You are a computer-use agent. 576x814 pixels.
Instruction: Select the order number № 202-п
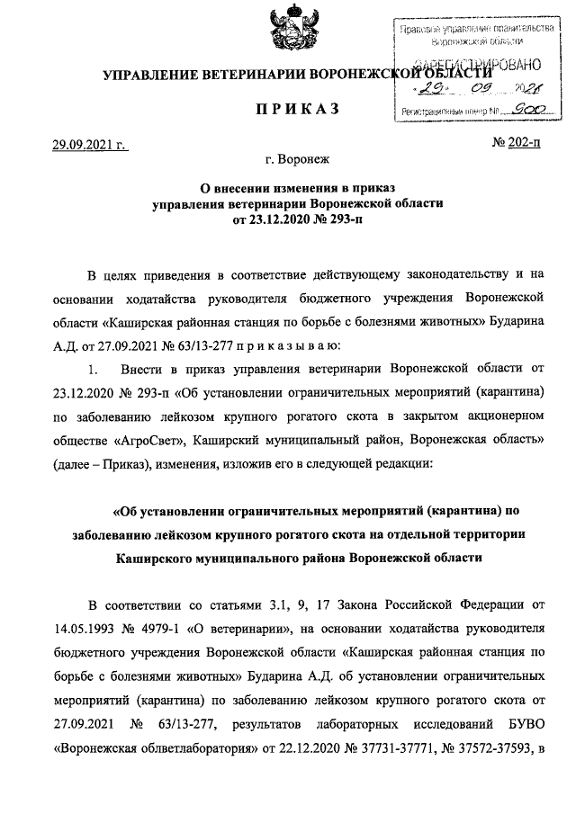tap(517, 143)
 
